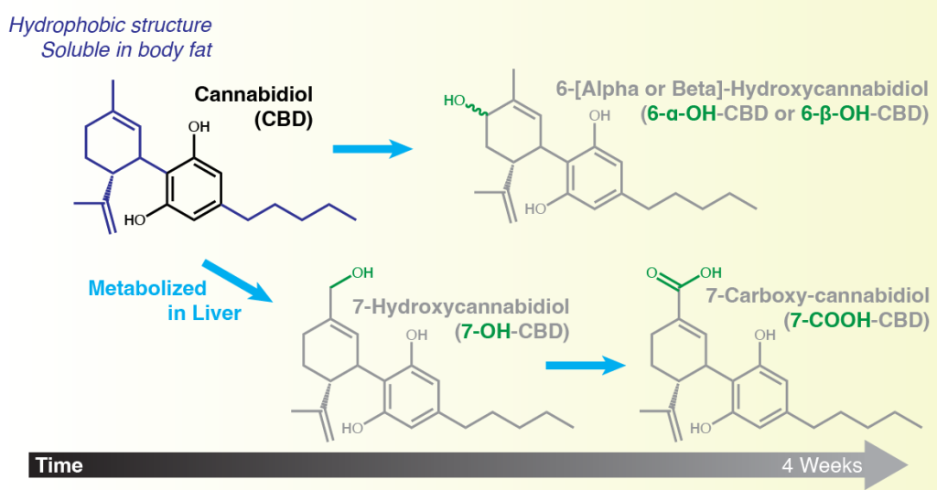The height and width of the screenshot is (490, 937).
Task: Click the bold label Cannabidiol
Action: point(253,94)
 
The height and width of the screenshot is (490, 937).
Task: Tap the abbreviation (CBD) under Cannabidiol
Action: point(284,120)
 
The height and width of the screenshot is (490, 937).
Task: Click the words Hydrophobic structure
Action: point(110,25)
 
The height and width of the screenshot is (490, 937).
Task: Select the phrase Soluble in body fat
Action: point(126,50)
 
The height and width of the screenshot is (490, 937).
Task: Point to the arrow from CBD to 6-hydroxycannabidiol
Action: point(372,149)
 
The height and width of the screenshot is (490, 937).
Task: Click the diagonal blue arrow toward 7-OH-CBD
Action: point(237,281)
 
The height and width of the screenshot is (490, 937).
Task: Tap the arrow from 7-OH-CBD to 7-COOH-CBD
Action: point(586,366)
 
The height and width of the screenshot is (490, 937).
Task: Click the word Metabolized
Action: point(147,288)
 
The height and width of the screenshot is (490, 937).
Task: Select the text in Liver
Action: point(204,314)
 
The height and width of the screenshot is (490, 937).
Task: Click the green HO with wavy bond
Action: point(454,101)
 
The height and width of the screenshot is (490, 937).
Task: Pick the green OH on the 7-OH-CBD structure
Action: point(362,272)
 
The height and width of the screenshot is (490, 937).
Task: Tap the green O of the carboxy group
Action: point(652,273)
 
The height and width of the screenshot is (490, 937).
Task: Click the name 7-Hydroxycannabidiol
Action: point(460,307)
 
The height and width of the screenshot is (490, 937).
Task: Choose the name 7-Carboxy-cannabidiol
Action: point(817,296)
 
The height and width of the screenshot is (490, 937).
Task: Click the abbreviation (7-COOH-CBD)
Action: point(856,321)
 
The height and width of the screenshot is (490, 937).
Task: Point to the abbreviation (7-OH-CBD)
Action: point(512,331)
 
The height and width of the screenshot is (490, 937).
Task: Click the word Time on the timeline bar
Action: point(59,465)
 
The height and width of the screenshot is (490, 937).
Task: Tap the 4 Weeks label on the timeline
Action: point(822,465)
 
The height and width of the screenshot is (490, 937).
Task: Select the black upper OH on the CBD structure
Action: point(199,126)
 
